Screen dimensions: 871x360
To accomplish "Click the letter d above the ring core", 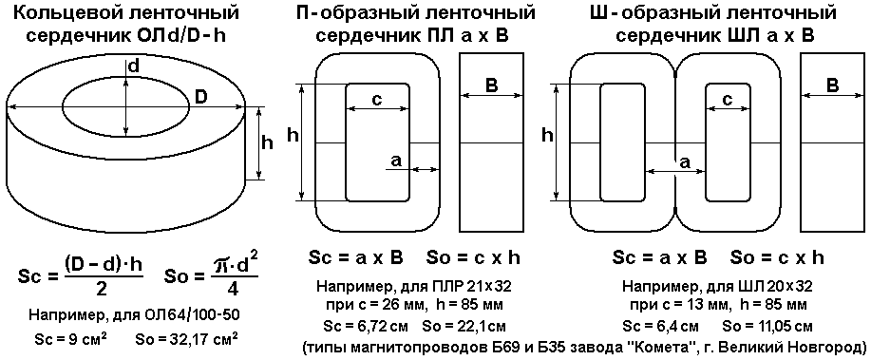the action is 133,66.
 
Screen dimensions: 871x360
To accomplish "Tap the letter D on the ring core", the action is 200,97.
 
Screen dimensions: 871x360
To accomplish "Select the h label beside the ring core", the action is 267,142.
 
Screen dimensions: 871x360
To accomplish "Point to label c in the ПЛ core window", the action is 376,100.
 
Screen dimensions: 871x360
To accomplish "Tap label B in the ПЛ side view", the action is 492,86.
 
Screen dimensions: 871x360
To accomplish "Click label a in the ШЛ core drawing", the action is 686,162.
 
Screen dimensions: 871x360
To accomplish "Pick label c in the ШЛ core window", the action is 728,100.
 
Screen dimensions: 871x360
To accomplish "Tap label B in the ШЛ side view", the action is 832,86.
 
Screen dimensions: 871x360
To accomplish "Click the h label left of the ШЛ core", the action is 547,135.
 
